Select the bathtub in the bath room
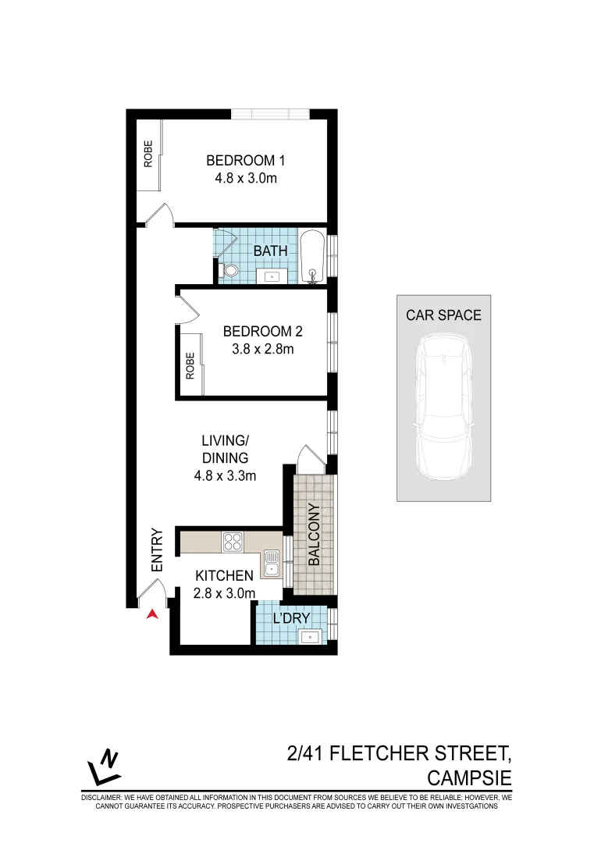click(312, 255)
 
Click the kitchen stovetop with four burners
click(233, 540)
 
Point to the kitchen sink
click(271, 562)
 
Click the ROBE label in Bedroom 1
click(148, 155)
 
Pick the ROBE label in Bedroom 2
click(190, 365)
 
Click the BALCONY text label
click(314, 535)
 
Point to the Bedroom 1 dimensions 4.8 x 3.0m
click(246, 178)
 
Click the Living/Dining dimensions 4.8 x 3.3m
click(225, 475)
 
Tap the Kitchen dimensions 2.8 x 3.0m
click(224, 593)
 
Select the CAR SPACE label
click(443, 315)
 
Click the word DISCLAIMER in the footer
click(103, 799)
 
